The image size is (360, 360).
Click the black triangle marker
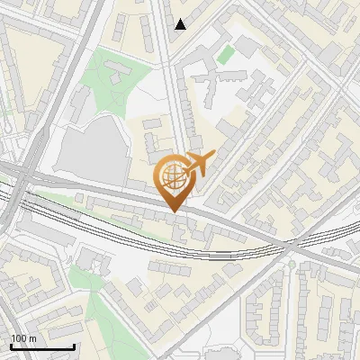pos(181,24)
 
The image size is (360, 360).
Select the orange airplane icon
pos(197,164)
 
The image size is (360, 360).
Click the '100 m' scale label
pos(24,338)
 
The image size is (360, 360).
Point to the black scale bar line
pos(42,346)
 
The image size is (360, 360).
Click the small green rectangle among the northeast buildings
pos(226,53)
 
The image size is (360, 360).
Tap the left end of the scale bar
pos(11,346)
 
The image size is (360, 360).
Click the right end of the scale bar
pos(74,346)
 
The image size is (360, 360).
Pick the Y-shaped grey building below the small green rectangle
pos(216,81)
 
